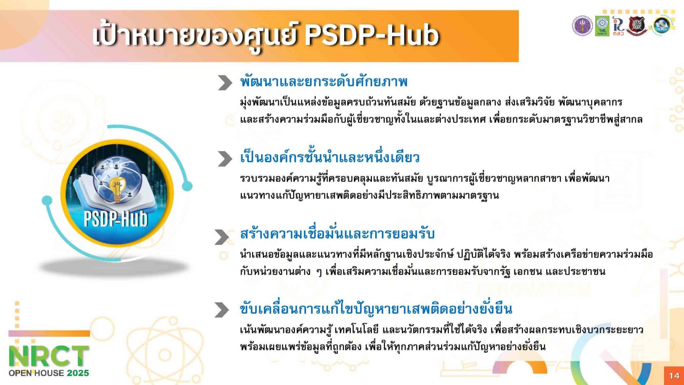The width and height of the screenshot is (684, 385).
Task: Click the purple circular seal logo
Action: [582, 26]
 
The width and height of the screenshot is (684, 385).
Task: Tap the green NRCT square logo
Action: [602, 26]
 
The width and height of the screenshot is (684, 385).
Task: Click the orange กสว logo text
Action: [618, 33]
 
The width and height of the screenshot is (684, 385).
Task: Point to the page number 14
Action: [674, 375]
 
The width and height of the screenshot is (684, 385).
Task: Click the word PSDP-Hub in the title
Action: [372, 35]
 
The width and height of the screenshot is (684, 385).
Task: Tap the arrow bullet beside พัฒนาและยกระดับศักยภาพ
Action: [225, 83]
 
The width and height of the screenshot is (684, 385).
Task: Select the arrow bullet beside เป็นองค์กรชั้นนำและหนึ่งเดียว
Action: [225, 159]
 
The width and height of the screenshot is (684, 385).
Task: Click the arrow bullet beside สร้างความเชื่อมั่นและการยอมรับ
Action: [222, 237]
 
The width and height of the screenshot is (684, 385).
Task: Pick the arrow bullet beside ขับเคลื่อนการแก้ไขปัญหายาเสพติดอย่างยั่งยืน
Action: [222, 310]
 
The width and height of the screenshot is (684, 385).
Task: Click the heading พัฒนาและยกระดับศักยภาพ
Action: [324, 82]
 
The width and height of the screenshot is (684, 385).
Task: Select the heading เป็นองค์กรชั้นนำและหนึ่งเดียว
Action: [330, 157]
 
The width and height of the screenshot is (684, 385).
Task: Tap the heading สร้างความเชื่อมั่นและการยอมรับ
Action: [337, 234]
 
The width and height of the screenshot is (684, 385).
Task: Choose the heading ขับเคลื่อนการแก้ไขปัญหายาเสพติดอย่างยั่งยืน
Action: [376, 308]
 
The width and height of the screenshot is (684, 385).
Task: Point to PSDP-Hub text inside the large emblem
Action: [116, 218]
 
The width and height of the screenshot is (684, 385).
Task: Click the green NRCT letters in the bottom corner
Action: [49, 356]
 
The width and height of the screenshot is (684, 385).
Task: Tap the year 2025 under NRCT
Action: [78, 373]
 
